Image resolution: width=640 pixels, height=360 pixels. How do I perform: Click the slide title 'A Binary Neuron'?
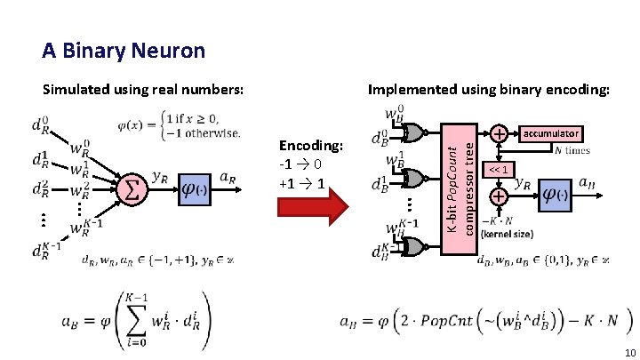click(x=124, y=51)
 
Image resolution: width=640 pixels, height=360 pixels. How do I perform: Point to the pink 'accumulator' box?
click(x=551, y=133)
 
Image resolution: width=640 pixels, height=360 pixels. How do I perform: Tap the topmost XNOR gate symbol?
click(x=413, y=133)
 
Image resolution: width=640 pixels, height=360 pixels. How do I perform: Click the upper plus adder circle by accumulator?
click(x=500, y=134)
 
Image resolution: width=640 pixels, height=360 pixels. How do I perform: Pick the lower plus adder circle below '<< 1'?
click(x=500, y=196)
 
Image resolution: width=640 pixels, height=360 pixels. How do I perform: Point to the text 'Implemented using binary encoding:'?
click(x=489, y=89)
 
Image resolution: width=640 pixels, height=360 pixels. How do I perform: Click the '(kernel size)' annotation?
click(x=507, y=235)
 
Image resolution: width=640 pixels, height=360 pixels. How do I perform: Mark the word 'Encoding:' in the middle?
click(x=310, y=146)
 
